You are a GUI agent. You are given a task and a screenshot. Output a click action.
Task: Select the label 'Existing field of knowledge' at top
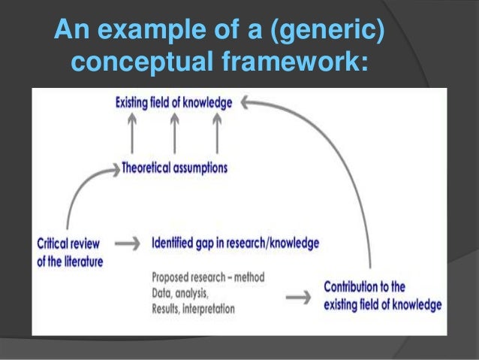[174, 100]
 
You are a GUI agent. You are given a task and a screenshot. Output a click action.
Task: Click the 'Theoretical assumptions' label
[174, 168]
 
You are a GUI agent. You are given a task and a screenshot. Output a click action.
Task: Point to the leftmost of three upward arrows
[133, 135]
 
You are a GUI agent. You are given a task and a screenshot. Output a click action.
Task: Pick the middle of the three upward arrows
[175, 135]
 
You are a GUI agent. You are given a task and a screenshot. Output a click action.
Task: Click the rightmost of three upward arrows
[217, 135]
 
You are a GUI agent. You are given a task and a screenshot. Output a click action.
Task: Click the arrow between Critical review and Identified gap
[129, 244]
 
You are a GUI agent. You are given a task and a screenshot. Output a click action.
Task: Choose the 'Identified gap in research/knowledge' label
[235, 244]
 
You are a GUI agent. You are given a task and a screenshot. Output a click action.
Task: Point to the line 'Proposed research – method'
[208, 277]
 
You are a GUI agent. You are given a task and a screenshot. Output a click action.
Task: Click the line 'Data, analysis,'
[181, 292]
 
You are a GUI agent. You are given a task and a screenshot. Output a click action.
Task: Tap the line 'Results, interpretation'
[194, 308]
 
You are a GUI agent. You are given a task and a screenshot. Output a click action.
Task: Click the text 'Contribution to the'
[364, 286]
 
